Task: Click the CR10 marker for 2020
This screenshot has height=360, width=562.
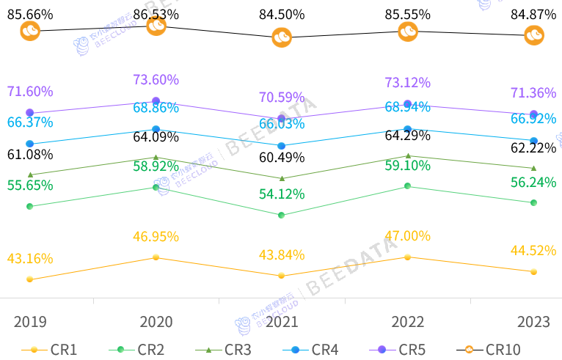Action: pyautogui.click(x=156, y=26)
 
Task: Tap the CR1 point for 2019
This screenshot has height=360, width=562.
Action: pyautogui.click(x=29, y=279)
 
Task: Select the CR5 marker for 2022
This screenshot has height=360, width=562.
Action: pyautogui.click(x=408, y=103)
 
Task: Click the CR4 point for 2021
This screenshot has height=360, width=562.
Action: pyautogui.click(x=282, y=146)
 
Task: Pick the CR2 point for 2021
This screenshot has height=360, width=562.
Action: pyautogui.click(x=282, y=215)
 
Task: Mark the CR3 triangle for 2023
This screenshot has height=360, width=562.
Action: pyautogui.click(x=533, y=168)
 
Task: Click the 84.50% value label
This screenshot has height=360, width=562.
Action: pyautogui.click(x=282, y=14)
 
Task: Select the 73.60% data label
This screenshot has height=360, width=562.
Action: pyautogui.click(x=156, y=79)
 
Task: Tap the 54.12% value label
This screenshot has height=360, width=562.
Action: pyautogui.click(x=282, y=194)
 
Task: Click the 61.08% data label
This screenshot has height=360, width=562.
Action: pyautogui.click(x=30, y=154)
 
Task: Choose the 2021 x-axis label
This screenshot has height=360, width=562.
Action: pyautogui.click(x=282, y=323)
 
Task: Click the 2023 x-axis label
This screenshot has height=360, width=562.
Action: pyautogui.click(x=533, y=323)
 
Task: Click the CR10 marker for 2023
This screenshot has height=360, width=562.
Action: pyautogui.click(x=534, y=35)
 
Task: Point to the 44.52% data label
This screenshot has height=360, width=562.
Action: pyautogui.click(x=533, y=250)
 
